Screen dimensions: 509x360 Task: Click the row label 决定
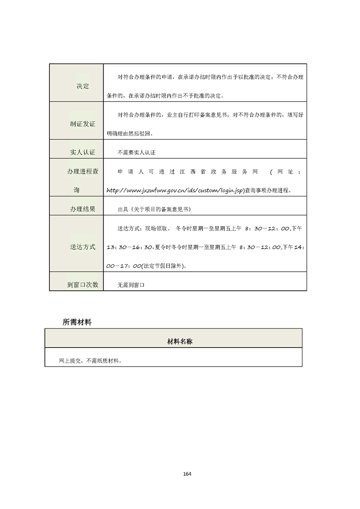click(x=83, y=86)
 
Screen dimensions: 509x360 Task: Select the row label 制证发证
click(x=83, y=124)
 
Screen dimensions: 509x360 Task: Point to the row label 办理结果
click(x=83, y=209)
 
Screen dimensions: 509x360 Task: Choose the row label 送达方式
click(x=83, y=247)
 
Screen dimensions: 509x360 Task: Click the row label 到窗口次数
click(x=83, y=285)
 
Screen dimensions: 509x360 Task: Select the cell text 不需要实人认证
click(x=136, y=153)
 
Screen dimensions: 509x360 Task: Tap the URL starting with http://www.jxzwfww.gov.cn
click(x=175, y=191)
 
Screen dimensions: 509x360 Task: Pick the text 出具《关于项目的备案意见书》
click(x=153, y=209)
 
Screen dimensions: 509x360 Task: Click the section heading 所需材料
click(x=77, y=322)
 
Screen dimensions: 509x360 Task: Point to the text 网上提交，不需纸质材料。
click(x=85, y=361)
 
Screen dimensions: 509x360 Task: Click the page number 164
click(x=187, y=474)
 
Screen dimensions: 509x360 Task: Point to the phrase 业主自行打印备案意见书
click(x=193, y=115)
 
